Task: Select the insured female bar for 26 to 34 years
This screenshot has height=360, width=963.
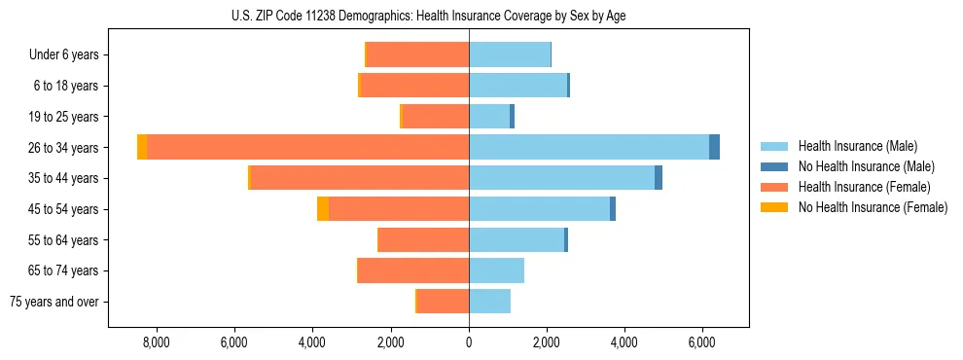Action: click(307, 147)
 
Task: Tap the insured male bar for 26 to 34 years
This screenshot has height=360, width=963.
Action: click(588, 147)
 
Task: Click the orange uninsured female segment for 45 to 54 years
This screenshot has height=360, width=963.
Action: click(323, 208)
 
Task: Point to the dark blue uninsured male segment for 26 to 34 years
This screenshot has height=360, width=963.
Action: click(714, 147)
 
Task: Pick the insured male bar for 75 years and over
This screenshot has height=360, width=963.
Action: click(489, 302)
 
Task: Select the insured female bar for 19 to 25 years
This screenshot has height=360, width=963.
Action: click(435, 117)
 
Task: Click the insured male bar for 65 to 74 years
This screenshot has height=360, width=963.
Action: click(496, 270)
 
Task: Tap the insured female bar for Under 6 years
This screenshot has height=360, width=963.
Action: click(417, 54)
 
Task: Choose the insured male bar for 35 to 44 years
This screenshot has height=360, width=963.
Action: click(561, 178)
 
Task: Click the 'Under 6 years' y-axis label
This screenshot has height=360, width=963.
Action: click(64, 55)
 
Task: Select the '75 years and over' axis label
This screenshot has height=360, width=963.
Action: click(54, 302)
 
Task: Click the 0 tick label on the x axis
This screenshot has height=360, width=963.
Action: click(469, 342)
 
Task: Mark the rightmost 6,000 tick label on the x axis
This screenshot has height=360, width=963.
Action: click(702, 342)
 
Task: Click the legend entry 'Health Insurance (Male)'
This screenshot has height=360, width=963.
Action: click(857, 146)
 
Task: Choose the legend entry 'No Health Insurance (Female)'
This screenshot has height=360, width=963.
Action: click(873, 207)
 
